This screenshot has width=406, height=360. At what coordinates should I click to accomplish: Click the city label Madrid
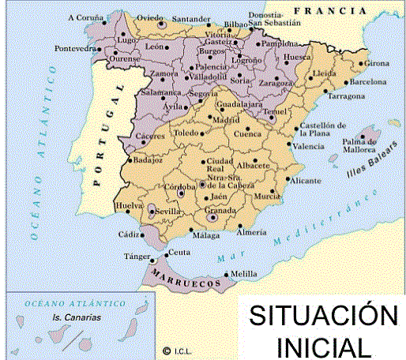[226, 120]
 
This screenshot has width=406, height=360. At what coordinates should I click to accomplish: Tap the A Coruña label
[85, 17]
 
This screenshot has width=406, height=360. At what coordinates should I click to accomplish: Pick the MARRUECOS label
[185, 282]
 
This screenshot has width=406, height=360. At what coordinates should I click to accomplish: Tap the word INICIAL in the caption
[322, 345]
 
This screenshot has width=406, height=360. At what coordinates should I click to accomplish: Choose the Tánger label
[136, 257]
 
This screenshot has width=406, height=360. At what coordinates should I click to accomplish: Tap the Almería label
[252, 232]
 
